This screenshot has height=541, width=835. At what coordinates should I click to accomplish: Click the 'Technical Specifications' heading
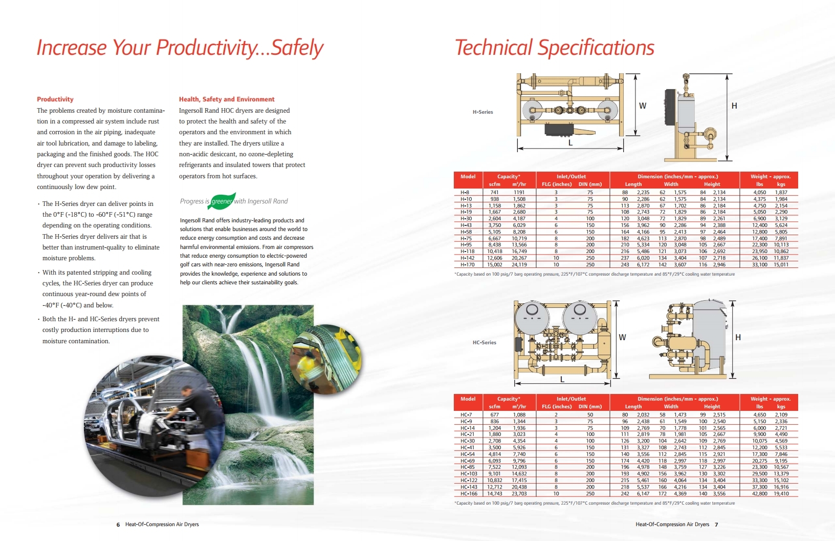(x=554, y=48)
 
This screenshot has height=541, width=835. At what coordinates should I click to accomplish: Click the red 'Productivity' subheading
(x=55, y=99)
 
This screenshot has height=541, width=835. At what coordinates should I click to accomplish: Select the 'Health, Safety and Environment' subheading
(x=227, y=99)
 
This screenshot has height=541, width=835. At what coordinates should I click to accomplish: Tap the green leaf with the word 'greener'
(x=223, y=201)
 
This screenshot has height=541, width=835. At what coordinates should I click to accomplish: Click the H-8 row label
(x=465, y=192)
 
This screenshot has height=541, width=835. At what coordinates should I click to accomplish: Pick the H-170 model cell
(x=467, y=265)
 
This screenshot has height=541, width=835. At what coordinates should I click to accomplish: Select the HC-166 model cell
(x=469, y=493)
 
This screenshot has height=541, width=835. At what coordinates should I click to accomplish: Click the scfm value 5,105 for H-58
(x=495, y=232)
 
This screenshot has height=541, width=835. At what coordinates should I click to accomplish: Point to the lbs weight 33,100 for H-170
(x=760, y=265)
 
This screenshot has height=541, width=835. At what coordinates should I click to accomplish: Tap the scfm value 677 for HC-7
(x=494, y=414)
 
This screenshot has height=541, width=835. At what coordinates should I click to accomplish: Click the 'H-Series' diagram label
(x=483, y=112)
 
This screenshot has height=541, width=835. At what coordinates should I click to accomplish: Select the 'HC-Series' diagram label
(x=484, y=342)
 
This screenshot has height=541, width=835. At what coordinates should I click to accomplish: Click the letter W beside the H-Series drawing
(x=643, y=106)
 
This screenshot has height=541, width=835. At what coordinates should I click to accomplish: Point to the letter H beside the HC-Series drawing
(x=738, y=337)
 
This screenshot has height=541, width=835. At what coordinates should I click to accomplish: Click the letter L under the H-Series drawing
(x=570, y=142)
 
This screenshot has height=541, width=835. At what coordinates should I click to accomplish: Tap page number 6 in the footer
(x=118, y=525)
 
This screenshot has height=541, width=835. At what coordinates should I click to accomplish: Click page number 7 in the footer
(x=716, y=525)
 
